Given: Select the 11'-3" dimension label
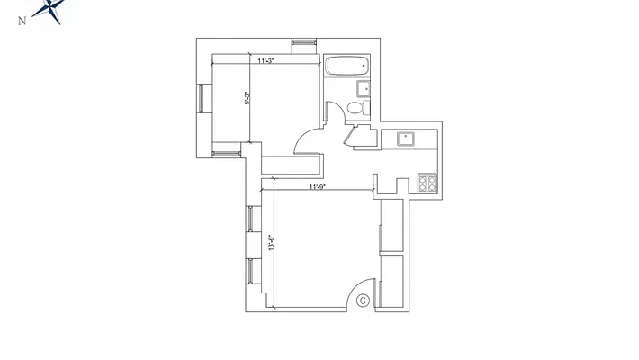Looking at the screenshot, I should [x=265, y=61].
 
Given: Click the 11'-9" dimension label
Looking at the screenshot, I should [x=317, y=187].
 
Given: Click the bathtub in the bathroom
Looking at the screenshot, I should [x=346, y=67].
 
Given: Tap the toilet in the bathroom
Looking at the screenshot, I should [x=355, y=108].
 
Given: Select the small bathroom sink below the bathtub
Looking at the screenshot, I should [x=364, y=87].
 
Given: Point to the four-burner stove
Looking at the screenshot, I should [x=427, y=184].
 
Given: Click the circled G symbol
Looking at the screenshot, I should [x=363, y=301].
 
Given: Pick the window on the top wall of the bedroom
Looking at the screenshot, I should [x=304, y=42].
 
